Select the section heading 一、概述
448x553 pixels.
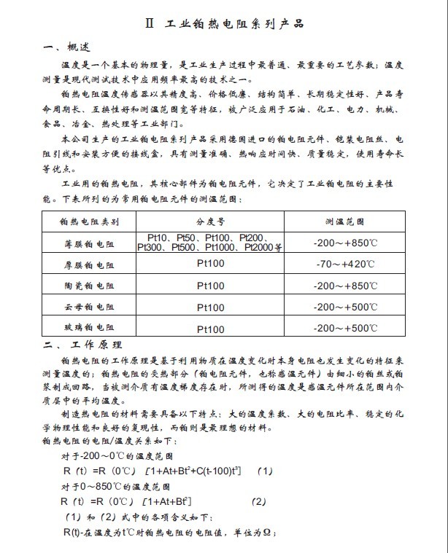(67, 47)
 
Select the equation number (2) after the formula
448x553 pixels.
(259, 501)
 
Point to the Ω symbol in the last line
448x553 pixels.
(267, 533)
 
